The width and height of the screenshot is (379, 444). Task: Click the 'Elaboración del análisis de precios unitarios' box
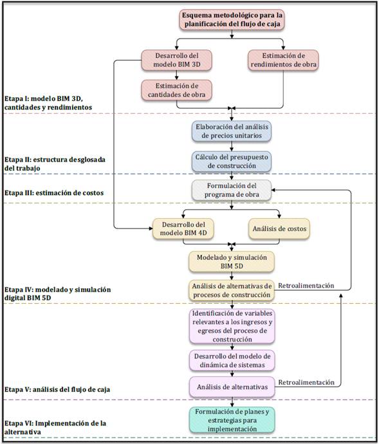(232, 131)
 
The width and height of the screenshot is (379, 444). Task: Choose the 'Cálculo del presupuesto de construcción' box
(232, 162)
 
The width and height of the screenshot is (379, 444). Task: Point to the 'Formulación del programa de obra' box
(232, 190)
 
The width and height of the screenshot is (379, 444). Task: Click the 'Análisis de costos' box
(279, 229)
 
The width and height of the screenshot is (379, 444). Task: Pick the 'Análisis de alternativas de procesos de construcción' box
(232, 290)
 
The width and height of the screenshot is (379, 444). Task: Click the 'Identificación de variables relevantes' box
(232, 326)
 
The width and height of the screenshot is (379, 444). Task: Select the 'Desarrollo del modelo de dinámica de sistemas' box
(232, 360)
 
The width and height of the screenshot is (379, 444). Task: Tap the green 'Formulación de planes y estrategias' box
(232, 420)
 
